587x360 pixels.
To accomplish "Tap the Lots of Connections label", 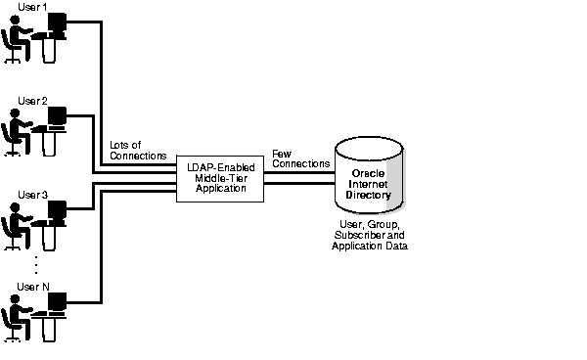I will point(138,151).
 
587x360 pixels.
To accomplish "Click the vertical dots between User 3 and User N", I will point(36,265).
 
